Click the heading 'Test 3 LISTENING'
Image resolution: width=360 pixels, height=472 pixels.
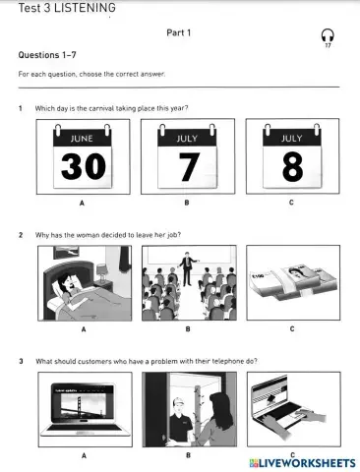(x=59, y=8)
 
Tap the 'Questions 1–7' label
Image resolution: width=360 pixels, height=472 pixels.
(x=46, y=55)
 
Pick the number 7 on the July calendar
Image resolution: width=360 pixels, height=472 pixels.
(x=187, y=166)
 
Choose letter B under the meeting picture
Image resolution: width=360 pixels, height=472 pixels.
(x=187, y=329)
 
